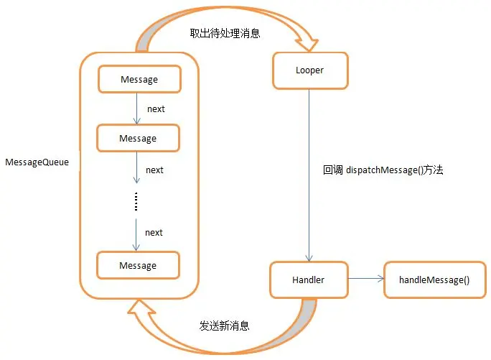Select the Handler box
(x=309, y=280)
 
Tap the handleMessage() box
(x=434, y=280)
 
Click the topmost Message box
(x=139, y=79)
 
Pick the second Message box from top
(x=137, y=137)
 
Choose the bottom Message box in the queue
(x=137, y=265)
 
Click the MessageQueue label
(x=37, y=162)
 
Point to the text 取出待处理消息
(x=224, y=33)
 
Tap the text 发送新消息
(x=224, y=326)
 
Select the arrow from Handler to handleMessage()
(x=366, y=279)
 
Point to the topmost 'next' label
(x=155, y=109)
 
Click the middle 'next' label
(x=154, y=170)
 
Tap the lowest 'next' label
(x=154, y=232)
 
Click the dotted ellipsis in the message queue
(x=136, y=202)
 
